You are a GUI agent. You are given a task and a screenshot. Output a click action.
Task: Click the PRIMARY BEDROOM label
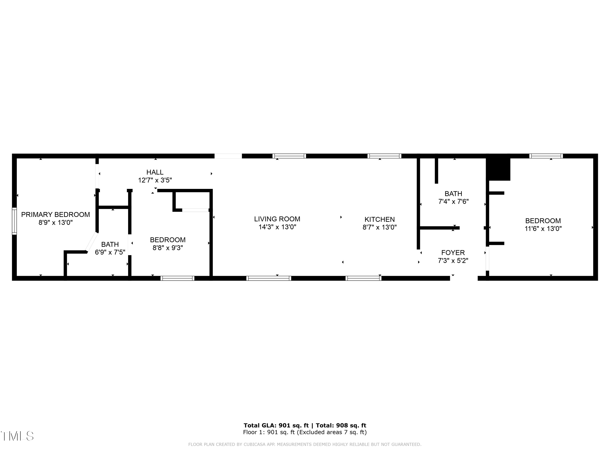pyautogui.click(x=56, y=215)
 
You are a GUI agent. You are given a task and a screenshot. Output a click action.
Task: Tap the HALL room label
pyautogui.click(x=155, y=172)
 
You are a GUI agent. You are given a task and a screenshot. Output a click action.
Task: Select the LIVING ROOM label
pyautogui.click(x=277, y=219)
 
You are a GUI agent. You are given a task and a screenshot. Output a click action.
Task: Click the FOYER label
pyautogui.click(x=453, y=253)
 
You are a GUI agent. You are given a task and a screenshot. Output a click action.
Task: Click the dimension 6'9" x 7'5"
pyautogui.click(x=110, y=252)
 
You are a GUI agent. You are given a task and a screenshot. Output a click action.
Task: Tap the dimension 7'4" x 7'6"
pyautogui.click(x=453, y=201)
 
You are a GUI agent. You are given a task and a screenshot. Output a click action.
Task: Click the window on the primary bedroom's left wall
pyautogui.click(x=14, y=221)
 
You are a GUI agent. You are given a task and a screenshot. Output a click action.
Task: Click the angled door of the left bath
pyautogui.click(x=91, y=242)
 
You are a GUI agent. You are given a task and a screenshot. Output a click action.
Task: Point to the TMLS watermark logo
pyautogui.click(x=17, y=436)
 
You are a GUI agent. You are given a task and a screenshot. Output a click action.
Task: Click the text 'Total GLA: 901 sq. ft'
pyautogui.click(x=276, y=425)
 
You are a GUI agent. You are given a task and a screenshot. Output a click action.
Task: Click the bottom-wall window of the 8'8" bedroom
pyautogui.click(x=178, y=278)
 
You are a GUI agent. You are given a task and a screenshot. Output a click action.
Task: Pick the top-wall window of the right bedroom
pyautogui.click(x=546, y=156)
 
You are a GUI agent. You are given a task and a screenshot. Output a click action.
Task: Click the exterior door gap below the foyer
pyautogui.click(x=464, y=278)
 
